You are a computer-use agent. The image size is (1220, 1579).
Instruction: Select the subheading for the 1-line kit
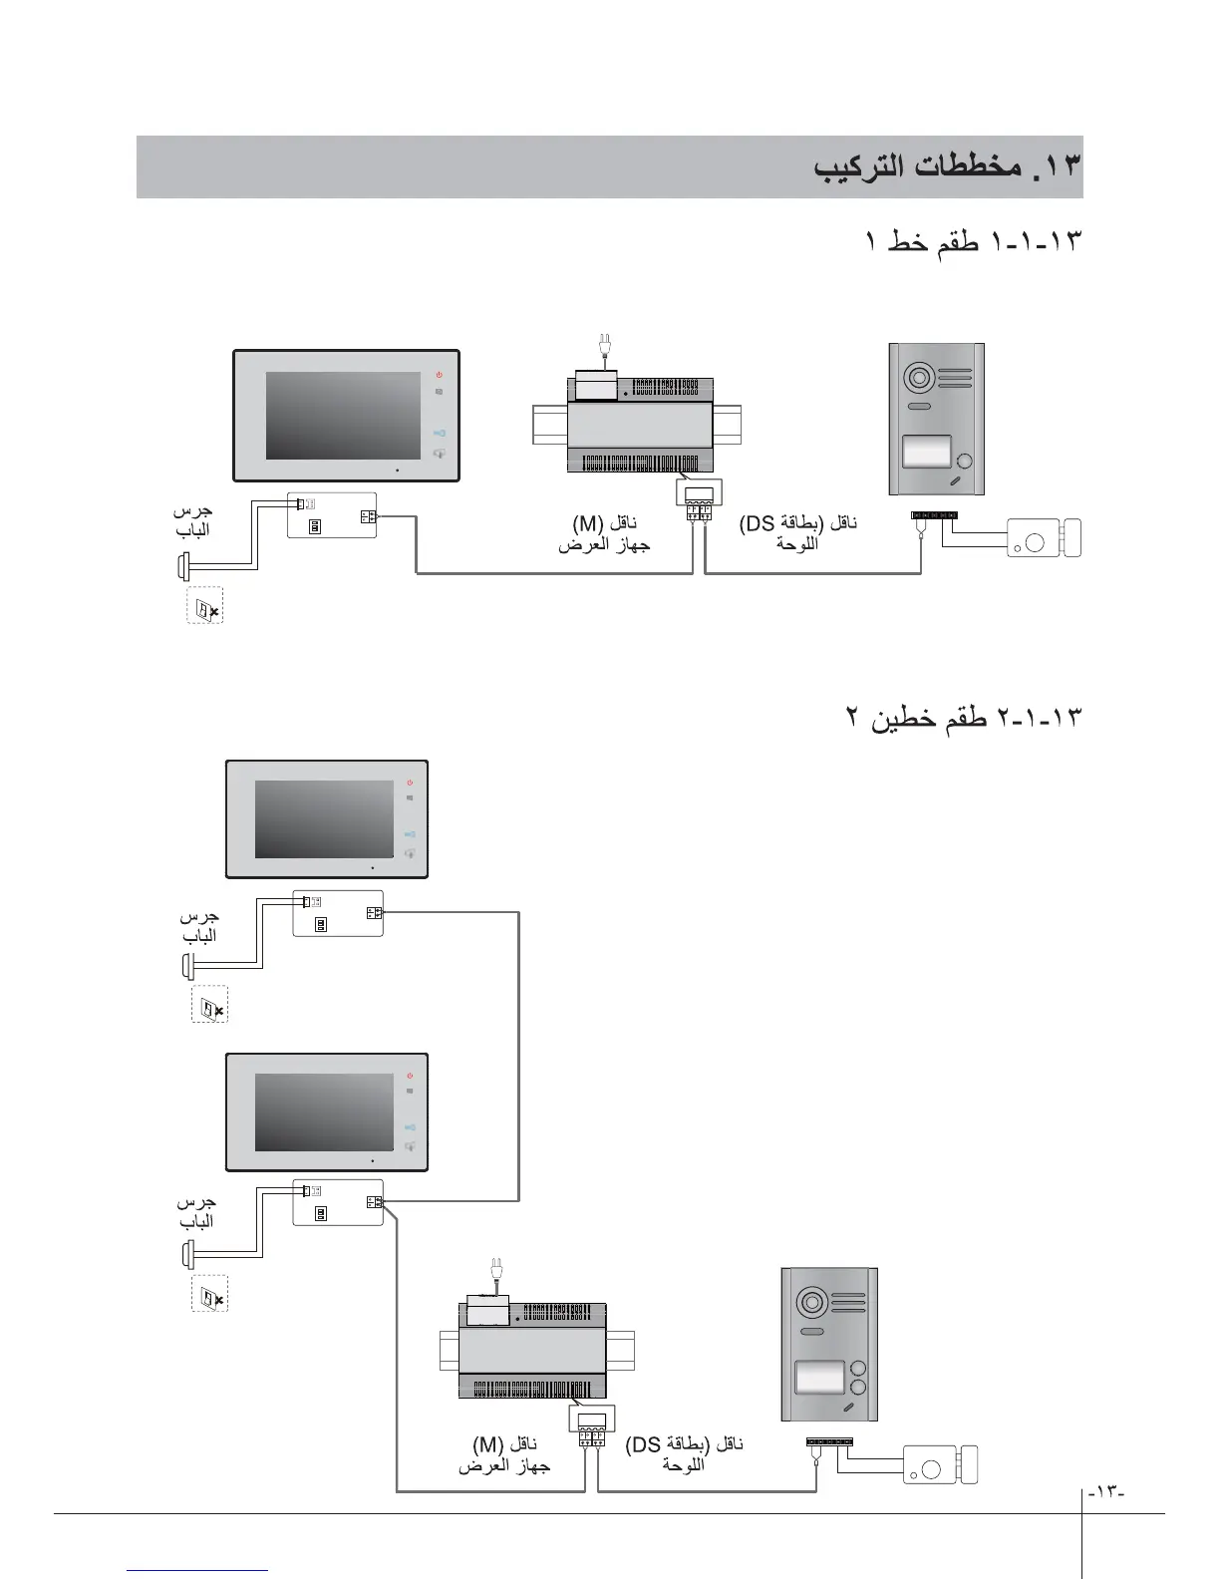point(972,242)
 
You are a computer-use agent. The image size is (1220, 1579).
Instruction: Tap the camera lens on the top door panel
point(917,379)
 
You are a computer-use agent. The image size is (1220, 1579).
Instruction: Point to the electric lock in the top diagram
point(1045,538)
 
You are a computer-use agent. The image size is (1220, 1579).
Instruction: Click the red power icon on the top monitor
point(439,375)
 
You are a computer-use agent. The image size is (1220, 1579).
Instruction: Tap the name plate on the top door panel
point(926,453)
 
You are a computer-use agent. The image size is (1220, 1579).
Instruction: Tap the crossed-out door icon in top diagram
point(205,607)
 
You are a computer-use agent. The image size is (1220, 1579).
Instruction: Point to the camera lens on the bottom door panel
point(808,1302)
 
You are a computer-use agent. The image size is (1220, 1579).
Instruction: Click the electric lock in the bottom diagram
point(941,1464)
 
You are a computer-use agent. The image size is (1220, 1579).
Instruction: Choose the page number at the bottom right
point(1106,1492)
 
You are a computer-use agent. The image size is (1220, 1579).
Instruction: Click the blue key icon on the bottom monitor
point(410,1125)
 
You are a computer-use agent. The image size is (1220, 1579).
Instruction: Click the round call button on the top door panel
point(965,462)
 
